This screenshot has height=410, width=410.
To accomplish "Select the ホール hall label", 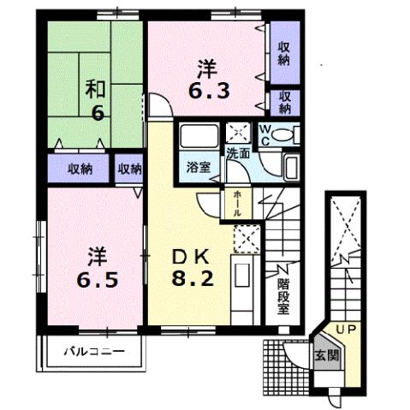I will tap(235, 203).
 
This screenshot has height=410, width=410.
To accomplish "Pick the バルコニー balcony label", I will tap(94, 352).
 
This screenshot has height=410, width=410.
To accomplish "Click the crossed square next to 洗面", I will tap(237, 134).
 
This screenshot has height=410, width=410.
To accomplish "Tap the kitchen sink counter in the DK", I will tap(243, 282).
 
